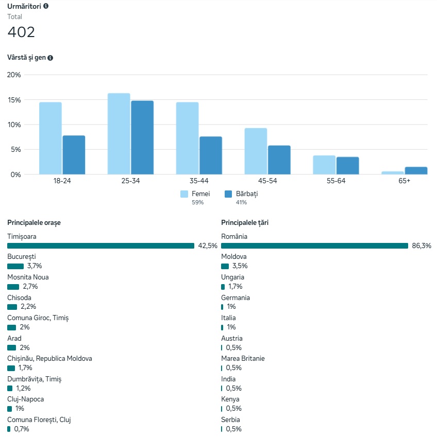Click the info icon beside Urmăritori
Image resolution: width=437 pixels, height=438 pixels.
point(46,6)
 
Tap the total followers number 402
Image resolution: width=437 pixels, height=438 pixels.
point(21,32)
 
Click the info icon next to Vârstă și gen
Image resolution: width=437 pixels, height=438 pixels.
point(51,58)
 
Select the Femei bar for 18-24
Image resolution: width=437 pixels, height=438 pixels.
point(50,138)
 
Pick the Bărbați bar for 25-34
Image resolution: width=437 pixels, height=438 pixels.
point(142,137)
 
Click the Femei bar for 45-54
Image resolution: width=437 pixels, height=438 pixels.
point(256,151)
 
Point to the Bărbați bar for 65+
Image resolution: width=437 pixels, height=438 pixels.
point(416,170)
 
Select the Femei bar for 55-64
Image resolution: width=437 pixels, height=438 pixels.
point(324,165)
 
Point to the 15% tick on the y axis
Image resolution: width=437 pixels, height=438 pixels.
point(14,99)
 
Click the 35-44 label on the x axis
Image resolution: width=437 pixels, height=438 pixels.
point(199,181)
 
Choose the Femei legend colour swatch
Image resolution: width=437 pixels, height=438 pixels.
point(184,194)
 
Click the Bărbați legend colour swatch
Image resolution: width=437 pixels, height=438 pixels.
point(228,194)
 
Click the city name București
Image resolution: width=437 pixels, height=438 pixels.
point(22,257)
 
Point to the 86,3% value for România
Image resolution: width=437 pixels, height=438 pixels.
point(421,246)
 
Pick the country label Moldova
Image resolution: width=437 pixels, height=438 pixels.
point(234,257)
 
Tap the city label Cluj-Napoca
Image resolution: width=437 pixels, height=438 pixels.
point(25,399)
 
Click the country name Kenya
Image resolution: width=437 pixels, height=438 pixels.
point(230,399)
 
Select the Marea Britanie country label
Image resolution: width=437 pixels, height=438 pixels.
point(243,359)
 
